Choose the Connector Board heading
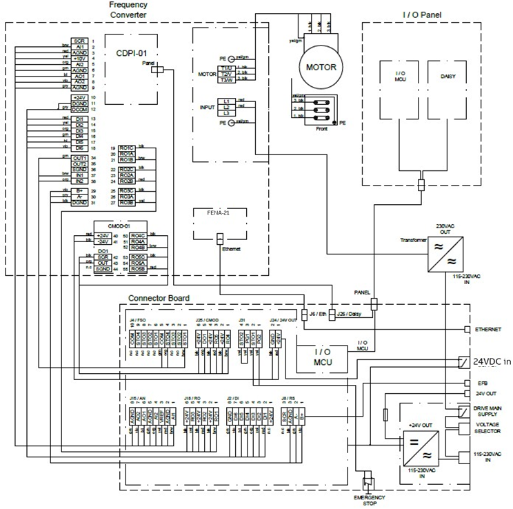(x=159, y=299)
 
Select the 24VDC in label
(x=491, y=361)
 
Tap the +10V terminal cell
(x=79, y=58)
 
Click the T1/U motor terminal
(x=225, y=68)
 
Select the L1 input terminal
(x=225, y=101)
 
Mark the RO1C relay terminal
(x=126, y=148)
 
